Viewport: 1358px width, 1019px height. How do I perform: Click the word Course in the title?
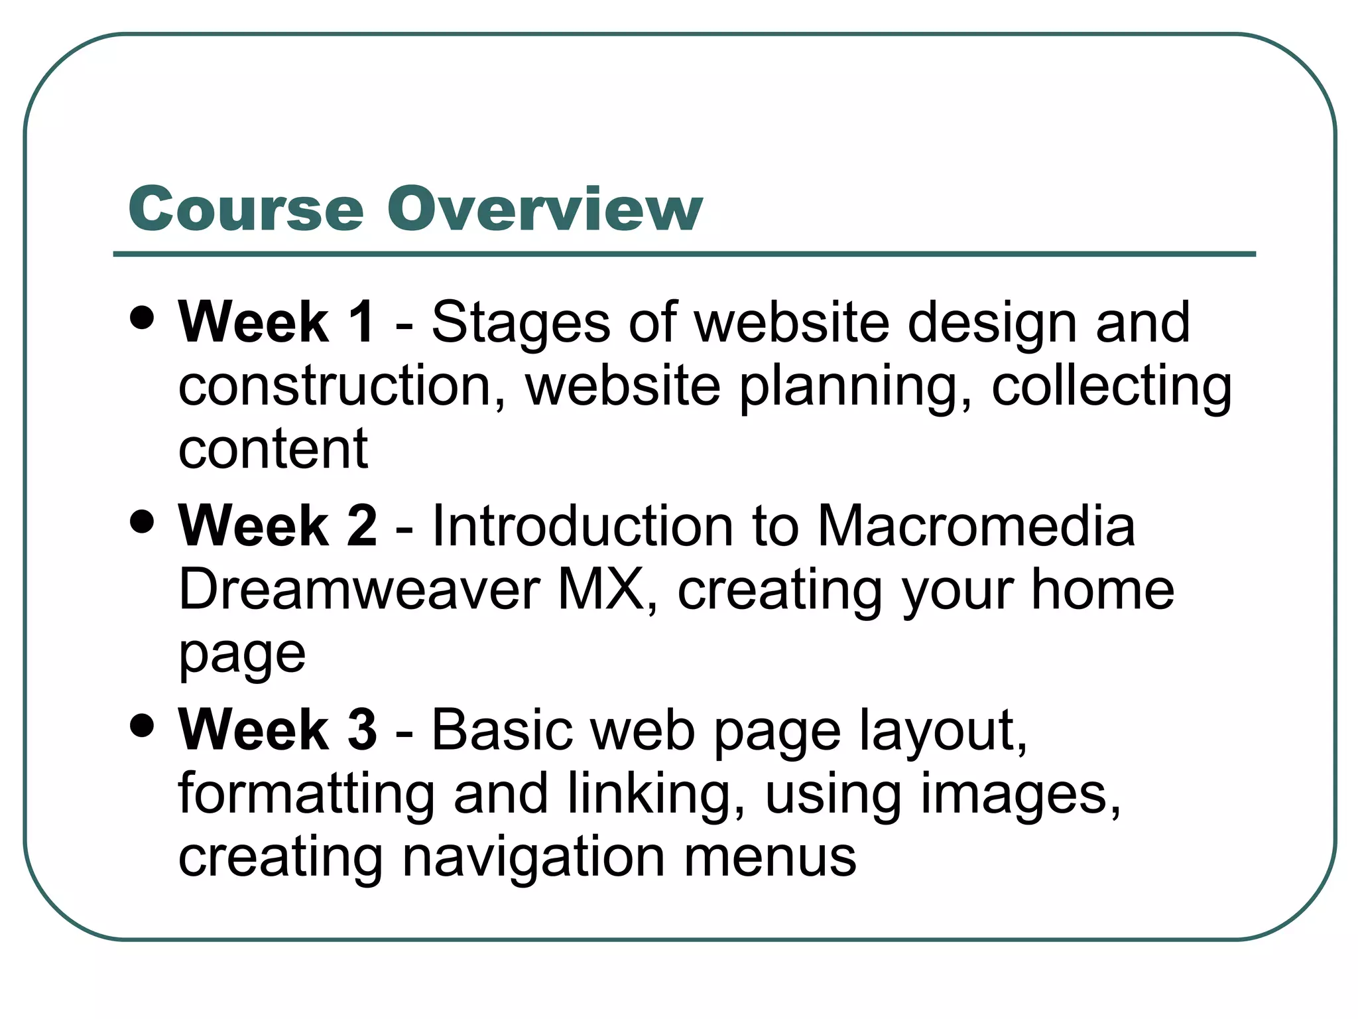[x=246, y=209]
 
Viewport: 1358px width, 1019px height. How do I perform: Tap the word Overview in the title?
[x=544, y=209]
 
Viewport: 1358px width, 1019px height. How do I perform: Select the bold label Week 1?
[x=276, y=322]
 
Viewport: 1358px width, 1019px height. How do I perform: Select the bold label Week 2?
[x=277, y=526]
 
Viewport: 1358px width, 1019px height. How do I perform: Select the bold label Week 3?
[x=277, y=730]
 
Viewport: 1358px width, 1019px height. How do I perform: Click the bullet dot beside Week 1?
[x=143, y=317]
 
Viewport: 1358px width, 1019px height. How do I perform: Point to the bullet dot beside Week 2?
[x=143, y=521]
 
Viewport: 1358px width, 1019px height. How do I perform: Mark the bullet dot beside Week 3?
[x=143, y=724]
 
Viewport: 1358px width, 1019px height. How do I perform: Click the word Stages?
[x=521, y=324]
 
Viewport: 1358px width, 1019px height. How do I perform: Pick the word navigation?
[x=534, y=857]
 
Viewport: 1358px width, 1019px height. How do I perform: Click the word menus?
[x=770, y=857]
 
